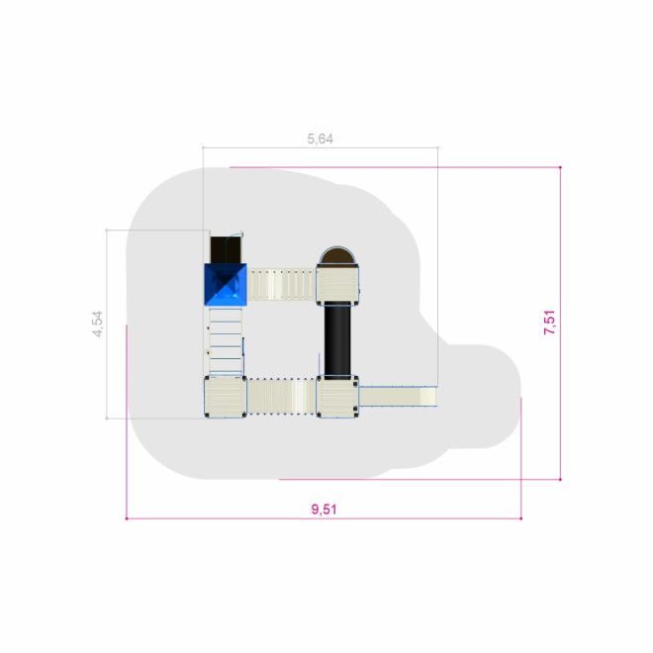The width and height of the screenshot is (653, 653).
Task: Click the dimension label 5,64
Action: click(x=321, y=139)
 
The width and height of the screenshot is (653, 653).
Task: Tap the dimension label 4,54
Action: click(x=98, y=324)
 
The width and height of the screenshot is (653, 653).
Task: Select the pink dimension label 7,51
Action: click(x=550, y=323)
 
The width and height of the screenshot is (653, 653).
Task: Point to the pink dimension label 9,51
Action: click(x=324, y=509)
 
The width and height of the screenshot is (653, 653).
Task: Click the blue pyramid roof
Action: click(x=226, y=284)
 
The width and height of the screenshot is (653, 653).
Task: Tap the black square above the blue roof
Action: click(x=226, y=249)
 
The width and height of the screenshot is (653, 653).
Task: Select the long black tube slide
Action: click(x=337, y=339)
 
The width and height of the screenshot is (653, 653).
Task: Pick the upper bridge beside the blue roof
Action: click(x=282, y=285)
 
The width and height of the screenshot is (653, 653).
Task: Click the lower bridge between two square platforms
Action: click(x=282, y=397)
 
